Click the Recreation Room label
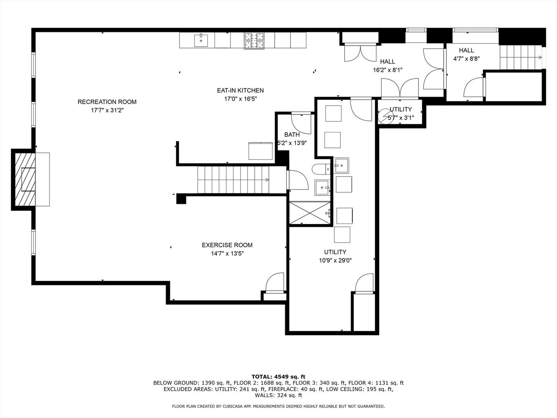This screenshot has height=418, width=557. (107, 102)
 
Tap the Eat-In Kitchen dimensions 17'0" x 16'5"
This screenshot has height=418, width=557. (240, 99)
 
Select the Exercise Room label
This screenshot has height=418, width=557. (227, 245)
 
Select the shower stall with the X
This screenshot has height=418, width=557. (310, 212)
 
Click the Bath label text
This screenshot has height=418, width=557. (292, 135)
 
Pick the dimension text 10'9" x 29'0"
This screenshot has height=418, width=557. (335, 261)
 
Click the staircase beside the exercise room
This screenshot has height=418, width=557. (233, 180)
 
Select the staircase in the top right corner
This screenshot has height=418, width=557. (520, 57)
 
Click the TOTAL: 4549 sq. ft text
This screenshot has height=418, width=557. (278, 377)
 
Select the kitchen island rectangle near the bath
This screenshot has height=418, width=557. (261, 151)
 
